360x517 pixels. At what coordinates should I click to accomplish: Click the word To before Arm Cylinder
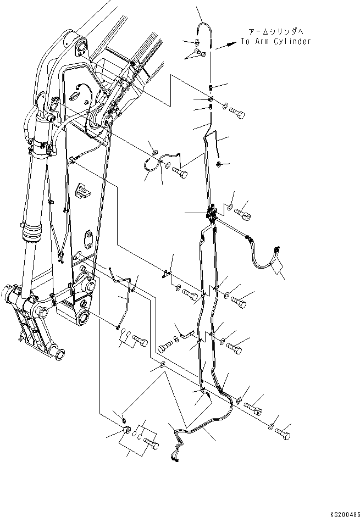click(246, 41)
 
